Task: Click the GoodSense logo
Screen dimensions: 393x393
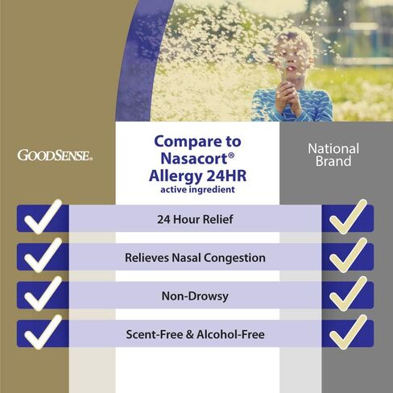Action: click(x=55, y=155)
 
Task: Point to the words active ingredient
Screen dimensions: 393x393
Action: click(x=197, y=189)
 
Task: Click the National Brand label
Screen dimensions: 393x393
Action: click(x=333, y=155)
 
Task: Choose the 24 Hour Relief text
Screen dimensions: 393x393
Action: click(x=195, y=219)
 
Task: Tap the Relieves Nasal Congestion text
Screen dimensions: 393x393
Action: click(x=195, y=258)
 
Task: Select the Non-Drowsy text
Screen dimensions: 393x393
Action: click(x=195, y=296)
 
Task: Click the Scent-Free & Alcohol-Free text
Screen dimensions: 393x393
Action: click(x=195, y=334)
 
